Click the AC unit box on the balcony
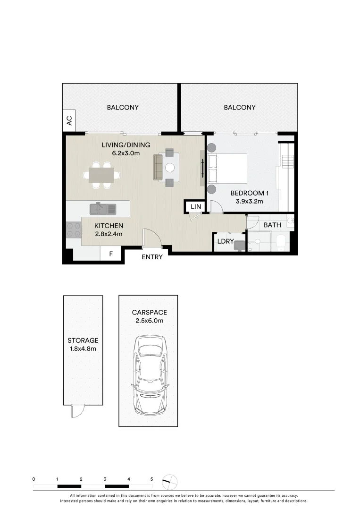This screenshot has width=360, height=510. coord(69,120)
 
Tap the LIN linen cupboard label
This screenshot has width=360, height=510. coord(195,207)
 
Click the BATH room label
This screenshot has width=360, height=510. coord(272,225)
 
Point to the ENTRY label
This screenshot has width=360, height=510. coord(152,257)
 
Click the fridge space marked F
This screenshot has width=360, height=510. coord(111,254)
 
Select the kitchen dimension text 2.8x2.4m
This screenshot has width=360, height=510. coord(109,234)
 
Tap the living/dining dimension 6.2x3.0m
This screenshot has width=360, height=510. coord(126,153)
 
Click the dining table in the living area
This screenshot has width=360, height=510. coord(101,175)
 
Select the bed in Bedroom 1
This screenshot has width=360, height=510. coord(228,169)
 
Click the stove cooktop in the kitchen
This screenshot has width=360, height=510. coord(74,229)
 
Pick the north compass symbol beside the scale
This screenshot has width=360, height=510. coord(170,482)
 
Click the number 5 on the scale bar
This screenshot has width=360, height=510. coord(151,479)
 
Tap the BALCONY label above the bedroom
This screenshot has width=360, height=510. coord(239,108)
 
